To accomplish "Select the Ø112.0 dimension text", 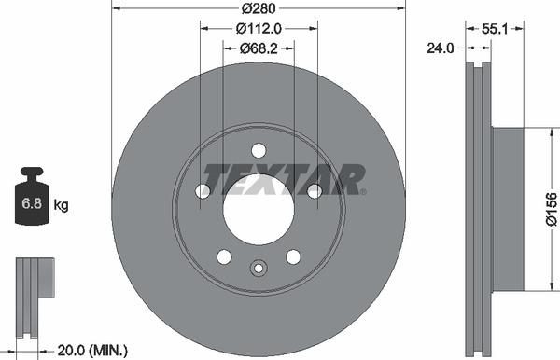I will tap(259, 29).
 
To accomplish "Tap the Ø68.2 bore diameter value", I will tap(259, 48).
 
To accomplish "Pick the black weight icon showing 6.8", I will tap(33, 199).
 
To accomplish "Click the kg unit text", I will tap(62, 204).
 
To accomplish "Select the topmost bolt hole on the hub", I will tap(259, 150).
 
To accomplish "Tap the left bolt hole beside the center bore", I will tap(203, 191).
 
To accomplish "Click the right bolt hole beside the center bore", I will tap(315, 191).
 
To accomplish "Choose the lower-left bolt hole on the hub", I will tap(224, 256).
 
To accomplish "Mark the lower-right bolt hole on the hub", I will tap(293, 256).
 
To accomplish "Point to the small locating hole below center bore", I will tap(259, 270).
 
